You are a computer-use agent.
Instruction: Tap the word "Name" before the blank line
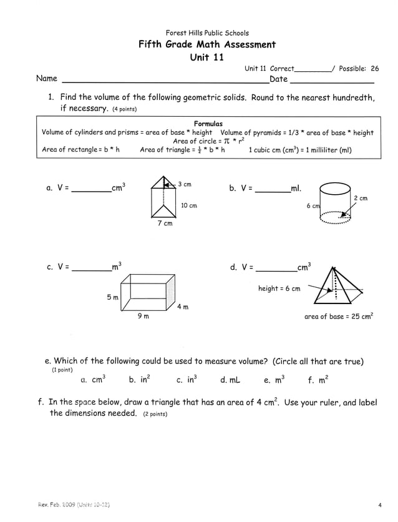[47, 79]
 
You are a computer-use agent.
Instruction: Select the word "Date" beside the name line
[278, 79]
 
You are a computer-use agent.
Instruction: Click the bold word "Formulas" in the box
[208, 124]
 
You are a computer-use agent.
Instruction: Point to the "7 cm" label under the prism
[164, 224]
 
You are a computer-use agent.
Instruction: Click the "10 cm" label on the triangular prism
[188, 205]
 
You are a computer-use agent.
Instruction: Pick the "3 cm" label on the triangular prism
[185, 184]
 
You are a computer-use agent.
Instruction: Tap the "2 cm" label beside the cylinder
[360, 199]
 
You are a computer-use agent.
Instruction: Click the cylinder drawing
[335, 202]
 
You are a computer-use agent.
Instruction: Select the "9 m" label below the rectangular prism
[143, 317]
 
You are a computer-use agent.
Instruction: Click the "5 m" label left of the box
[112, 298]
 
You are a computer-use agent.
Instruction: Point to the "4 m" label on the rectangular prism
[182, 307]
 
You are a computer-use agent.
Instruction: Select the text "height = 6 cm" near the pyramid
[279, 288]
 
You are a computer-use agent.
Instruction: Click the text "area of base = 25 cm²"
[338, 317]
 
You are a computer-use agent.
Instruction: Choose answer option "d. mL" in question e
[230, 379]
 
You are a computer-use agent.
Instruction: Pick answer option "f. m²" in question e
[318, 379]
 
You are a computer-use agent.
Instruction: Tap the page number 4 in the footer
[379, 505]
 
